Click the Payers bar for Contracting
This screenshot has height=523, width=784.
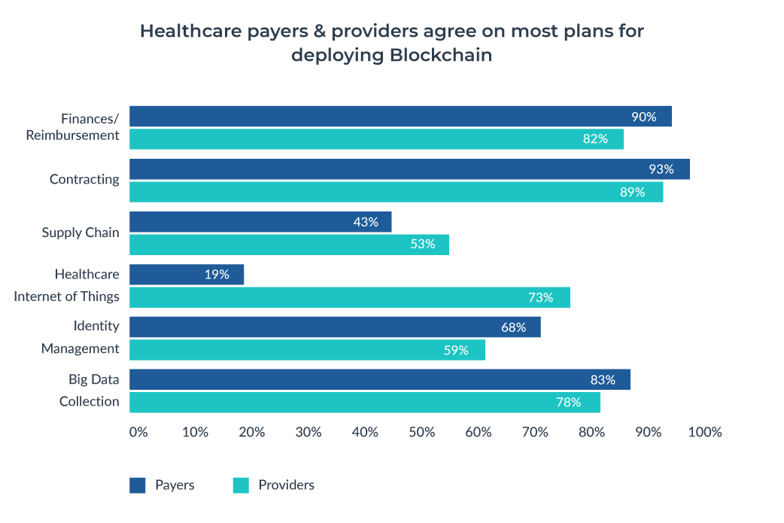(409, 169)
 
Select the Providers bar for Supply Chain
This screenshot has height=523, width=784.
(289, 245)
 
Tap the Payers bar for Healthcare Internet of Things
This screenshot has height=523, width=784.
(187, 275)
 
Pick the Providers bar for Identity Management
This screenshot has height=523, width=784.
(307, 350)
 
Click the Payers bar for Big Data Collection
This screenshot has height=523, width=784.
(380, 380)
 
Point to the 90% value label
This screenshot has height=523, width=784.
(643, 117)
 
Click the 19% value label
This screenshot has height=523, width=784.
(217, 275)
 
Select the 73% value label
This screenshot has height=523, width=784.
(540, 297)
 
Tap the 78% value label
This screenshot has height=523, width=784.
(569, 403)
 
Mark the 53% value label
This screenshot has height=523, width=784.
(422, 245)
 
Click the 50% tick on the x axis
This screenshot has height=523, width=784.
(422, 433)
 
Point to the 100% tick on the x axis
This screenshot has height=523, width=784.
(705, 433)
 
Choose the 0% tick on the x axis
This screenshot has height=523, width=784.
(138, 433)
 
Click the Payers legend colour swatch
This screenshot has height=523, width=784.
(138, 485)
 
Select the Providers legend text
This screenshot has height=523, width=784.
(286, 485)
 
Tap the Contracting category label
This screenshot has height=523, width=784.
(84, 179)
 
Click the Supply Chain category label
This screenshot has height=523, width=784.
(81, 233)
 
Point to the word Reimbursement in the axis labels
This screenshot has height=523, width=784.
(72, 135)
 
